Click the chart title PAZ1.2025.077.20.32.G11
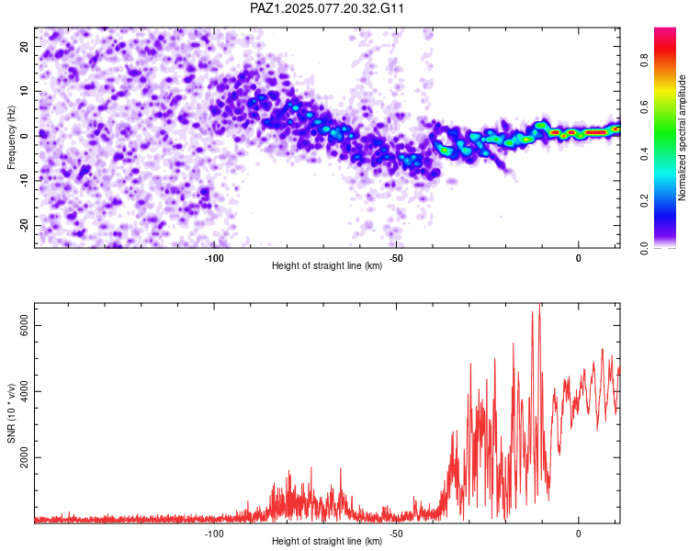click(326, 8)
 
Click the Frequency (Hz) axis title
click(11, 138)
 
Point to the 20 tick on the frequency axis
click(25, 47)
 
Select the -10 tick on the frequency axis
click(25, 180)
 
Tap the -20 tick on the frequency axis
click(25, 225)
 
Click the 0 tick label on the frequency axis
click(25, 136)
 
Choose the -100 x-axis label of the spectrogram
click(214, 258)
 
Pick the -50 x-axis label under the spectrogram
click(396, 258)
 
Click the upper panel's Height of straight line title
click(327, 265)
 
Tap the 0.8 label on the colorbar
click(645, 61)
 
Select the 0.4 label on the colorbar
click(645, 154)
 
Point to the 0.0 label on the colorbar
click(645, 248)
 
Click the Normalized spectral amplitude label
click(682, 138)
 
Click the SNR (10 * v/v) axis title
click(11, 413)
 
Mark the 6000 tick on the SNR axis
click(25, 325)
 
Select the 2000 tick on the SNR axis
click(25, 457)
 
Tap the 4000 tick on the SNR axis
click(25, 391)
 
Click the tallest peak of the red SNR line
click(539, 304)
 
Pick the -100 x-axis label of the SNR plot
click(214, 534)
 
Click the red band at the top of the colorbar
click(665, 50)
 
